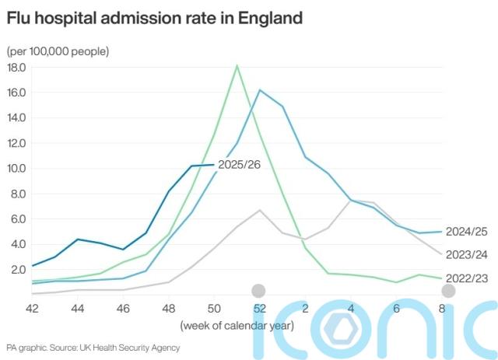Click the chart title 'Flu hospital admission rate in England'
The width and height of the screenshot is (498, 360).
pyautogui.click(x=154, y=18)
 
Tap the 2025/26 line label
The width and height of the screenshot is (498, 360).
pyautogui.click(x=239, y=165)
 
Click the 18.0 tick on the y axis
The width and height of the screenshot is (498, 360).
pyautogui.click(x=16, y=68)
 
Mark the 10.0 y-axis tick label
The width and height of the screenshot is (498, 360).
pyautogui.click(x=16, y=169)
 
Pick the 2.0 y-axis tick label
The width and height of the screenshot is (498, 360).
pyautogui.click(x=18, y=270)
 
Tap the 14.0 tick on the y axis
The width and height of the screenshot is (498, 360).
pyautogui.click(x=16, y=118)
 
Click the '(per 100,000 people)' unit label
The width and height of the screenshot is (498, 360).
pyautogui.click(x=58, y=51)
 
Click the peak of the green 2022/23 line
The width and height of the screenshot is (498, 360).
pyautogui.click(x=237, y=65)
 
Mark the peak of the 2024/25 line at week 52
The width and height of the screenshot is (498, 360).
pyautogui.click(x=259, y=90)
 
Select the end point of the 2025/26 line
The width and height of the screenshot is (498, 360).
pyautogui.click(x=214, y=164)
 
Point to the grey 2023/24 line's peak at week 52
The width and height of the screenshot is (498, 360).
pyautogui.click(x=260, y=210)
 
